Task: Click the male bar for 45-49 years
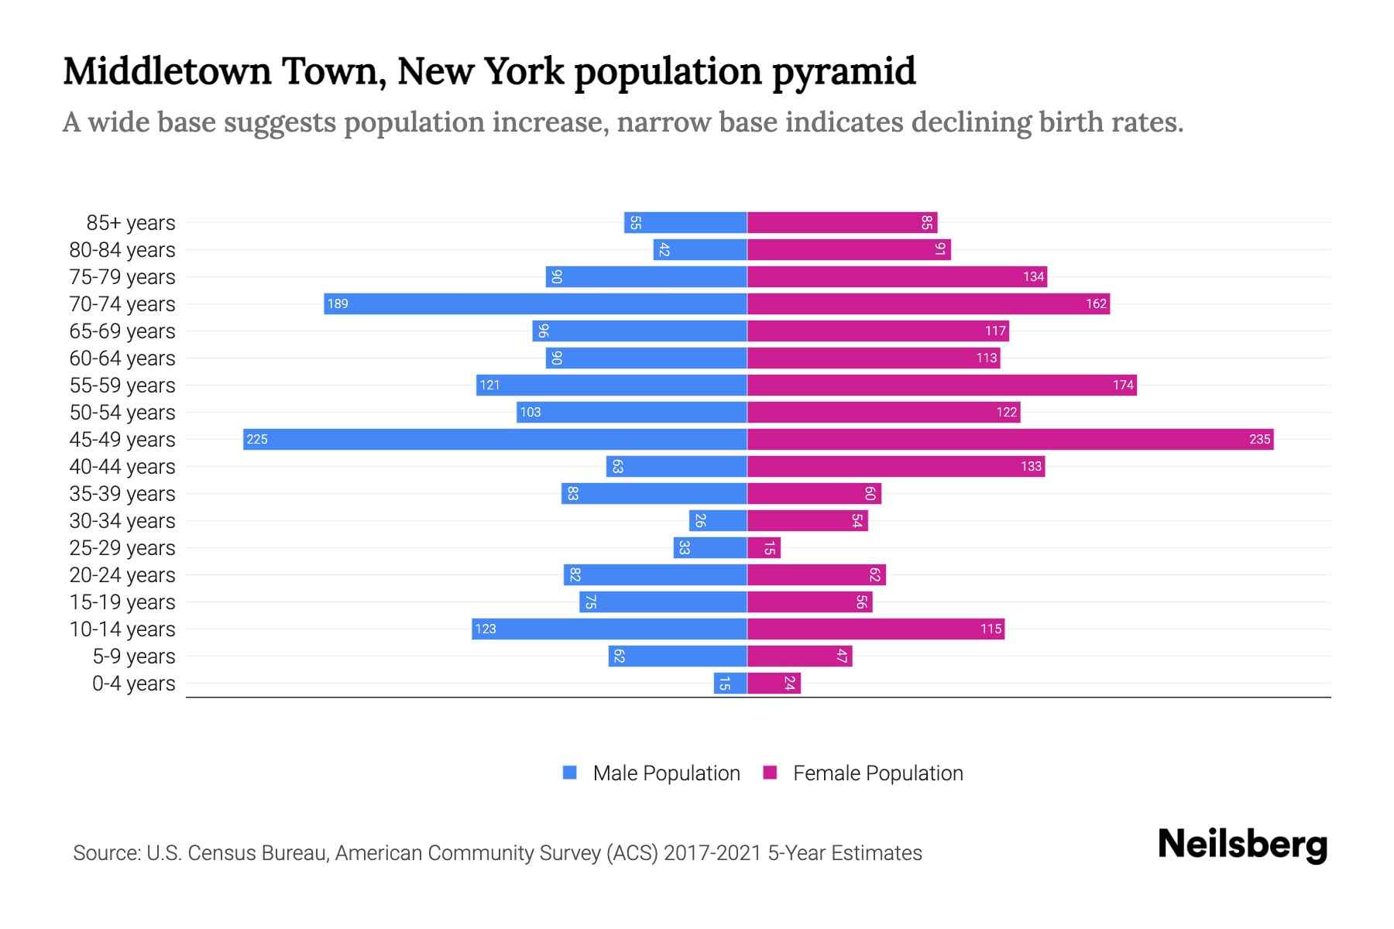coord(496,439)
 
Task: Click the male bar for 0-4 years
coord(730,683)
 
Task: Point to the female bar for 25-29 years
coord(764,547)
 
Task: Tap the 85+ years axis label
coord(131,223)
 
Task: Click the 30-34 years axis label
coord(122,521)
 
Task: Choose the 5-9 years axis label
coord(133,656)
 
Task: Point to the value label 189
coord(338,303)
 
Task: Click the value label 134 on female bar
coord(1033,276)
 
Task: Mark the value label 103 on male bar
coord(530,412)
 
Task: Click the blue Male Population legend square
coord(570,773)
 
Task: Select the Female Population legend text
coord(877,773)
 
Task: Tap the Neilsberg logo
coord(1242,845)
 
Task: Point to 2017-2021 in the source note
coord(712,853)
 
